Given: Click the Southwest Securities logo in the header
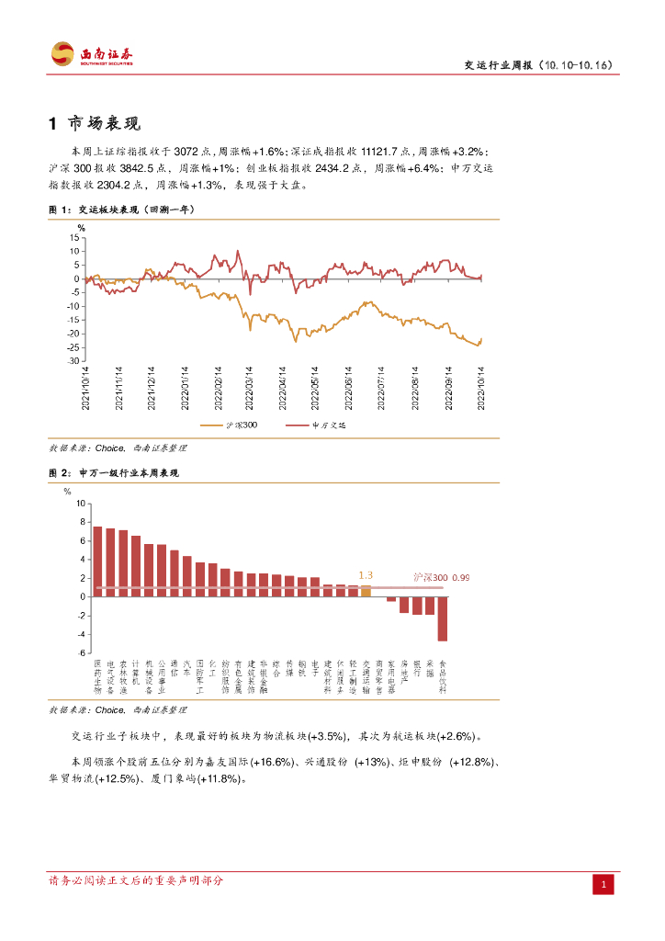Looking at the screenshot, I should click(92, 54).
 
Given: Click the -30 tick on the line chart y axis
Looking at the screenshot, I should click(73, 361).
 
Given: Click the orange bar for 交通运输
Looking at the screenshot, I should click(366, 591).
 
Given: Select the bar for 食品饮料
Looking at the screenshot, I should click(442, 618).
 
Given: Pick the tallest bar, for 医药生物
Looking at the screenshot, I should click(98, 561).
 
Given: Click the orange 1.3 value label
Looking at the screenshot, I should click(366, 575).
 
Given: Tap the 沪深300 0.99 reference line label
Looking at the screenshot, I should click(441, 577).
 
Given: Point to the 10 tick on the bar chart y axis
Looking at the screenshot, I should click(80, 504).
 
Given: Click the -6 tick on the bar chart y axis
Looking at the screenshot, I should click(80, 652).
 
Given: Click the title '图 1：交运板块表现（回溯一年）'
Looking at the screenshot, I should click(121, 210).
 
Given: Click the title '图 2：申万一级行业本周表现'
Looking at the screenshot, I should click(113, 472).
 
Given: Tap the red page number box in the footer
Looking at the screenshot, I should click(603, 884).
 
